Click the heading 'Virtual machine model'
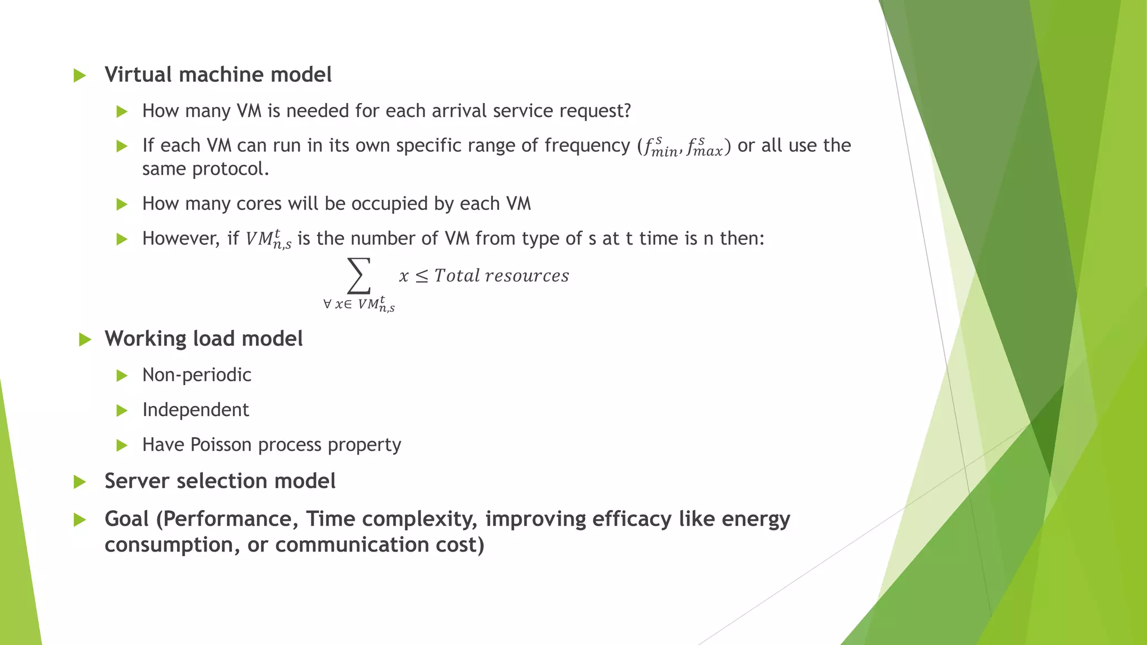(x=218, y=74)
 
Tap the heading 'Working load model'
(x=203, y=339)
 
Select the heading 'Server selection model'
(x=220, y=481)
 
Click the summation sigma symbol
(x=359, y=275)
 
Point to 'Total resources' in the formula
(x=501, y=275)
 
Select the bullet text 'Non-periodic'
(x=197, y=375)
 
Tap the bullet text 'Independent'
(x=195, y=410)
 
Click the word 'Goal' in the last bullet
(x=127, y=519)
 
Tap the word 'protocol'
(x=229, y=169)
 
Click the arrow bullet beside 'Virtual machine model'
(x=80, y=76)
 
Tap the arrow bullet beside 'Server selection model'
(x=80, y=482)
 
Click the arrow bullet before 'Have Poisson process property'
(x=122, y=446)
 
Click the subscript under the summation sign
(x=359, y=305)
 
